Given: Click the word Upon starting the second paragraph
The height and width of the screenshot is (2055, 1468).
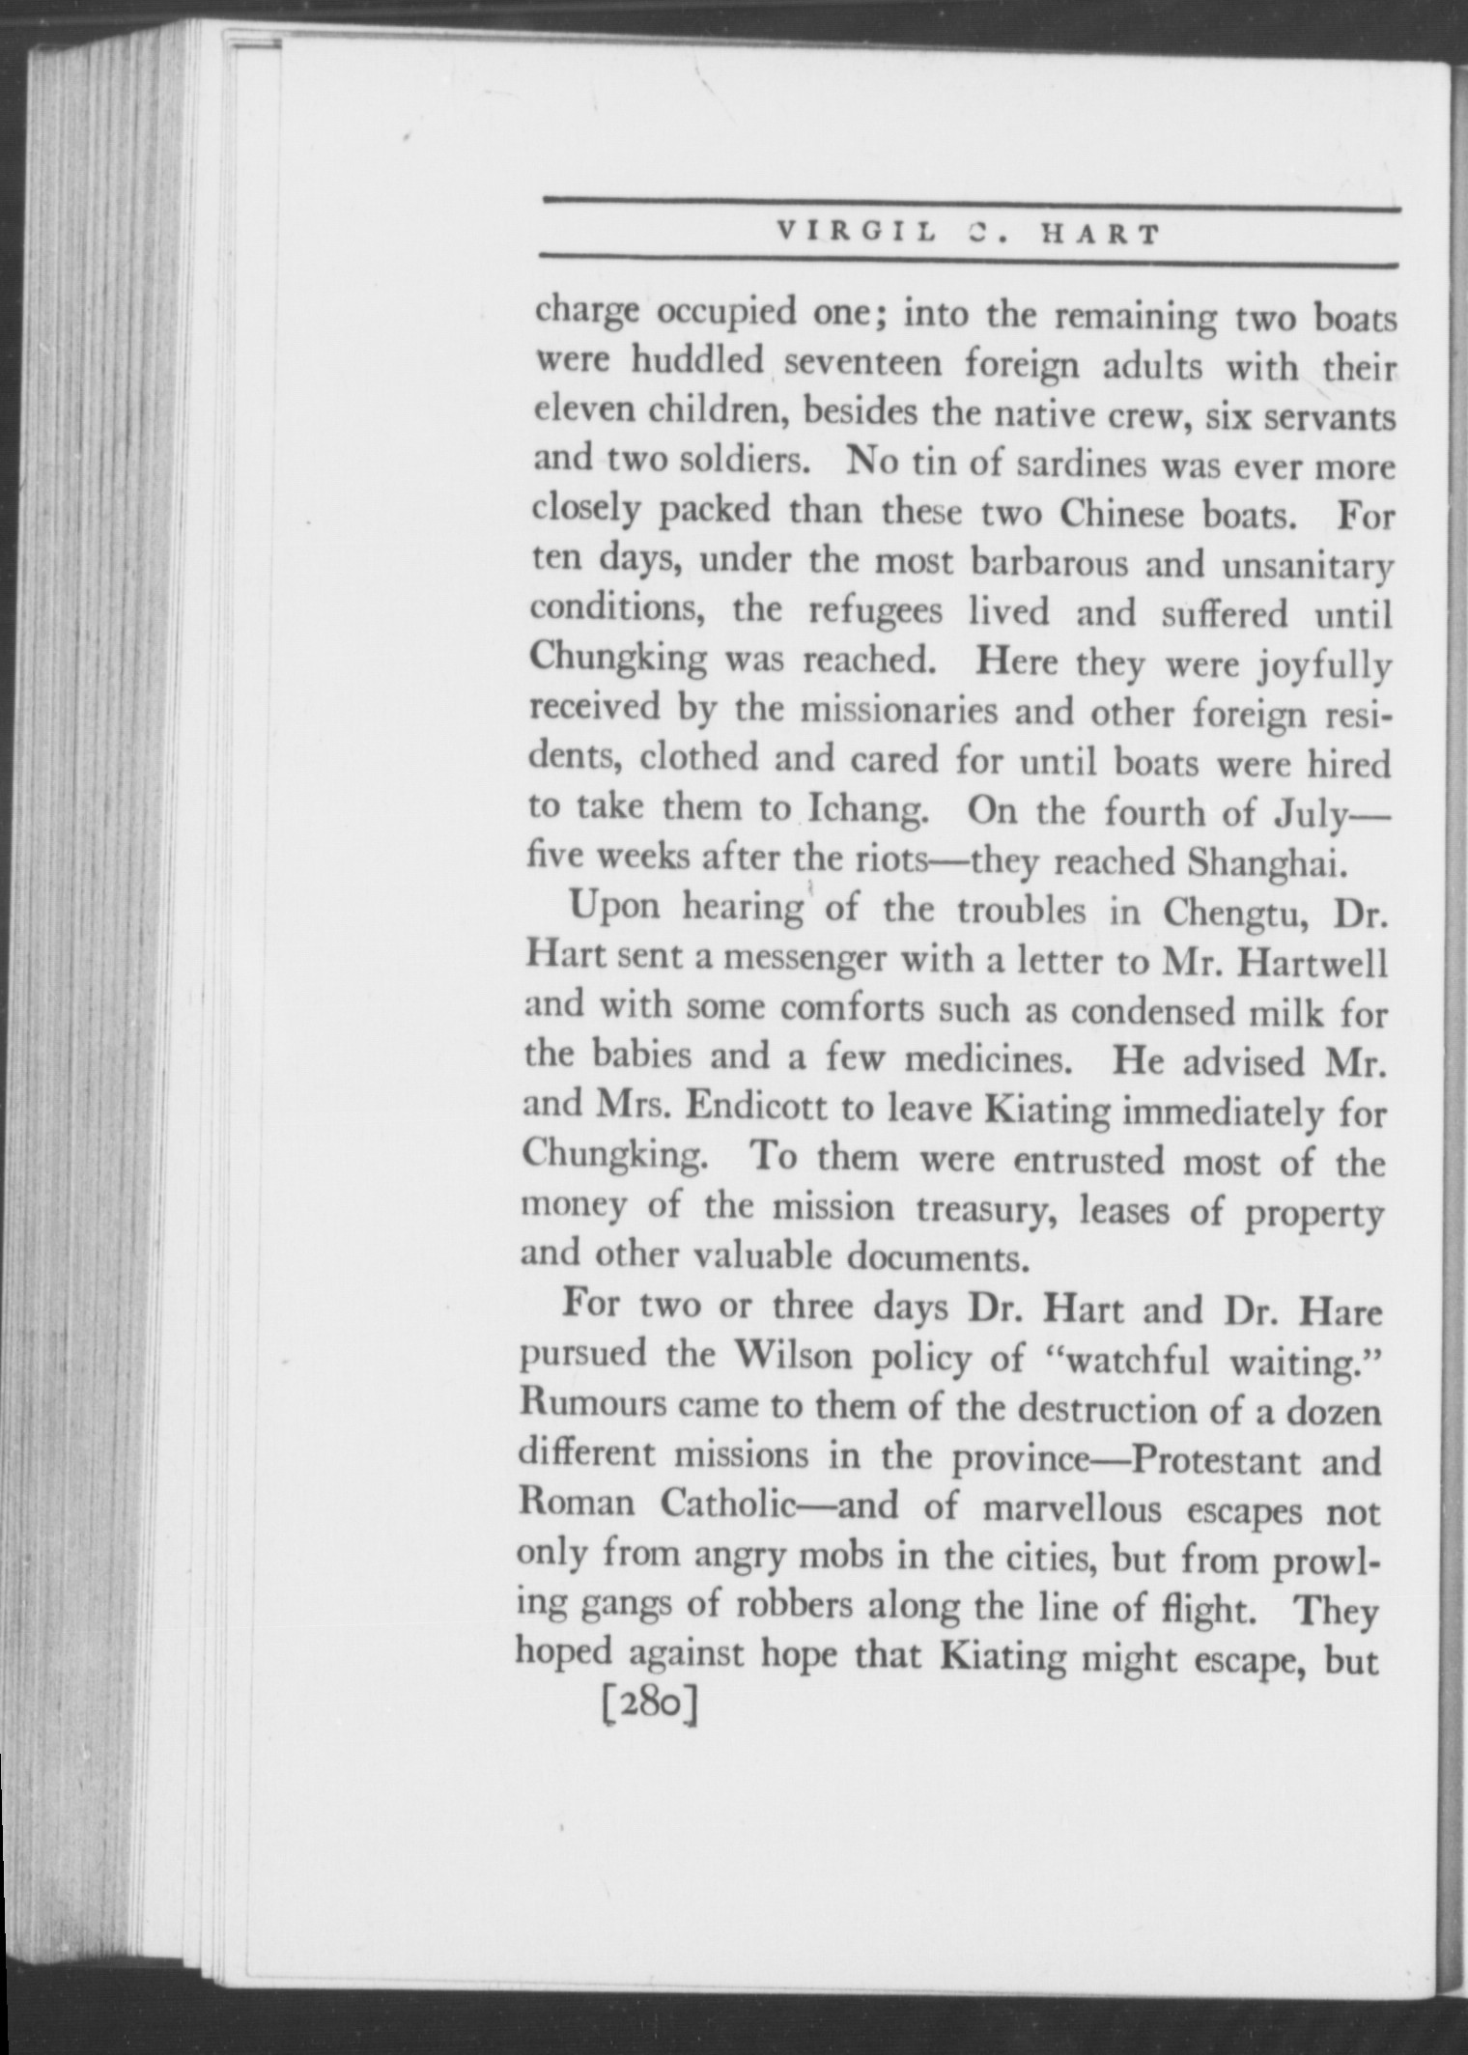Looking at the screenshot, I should [x=615, y=909].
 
